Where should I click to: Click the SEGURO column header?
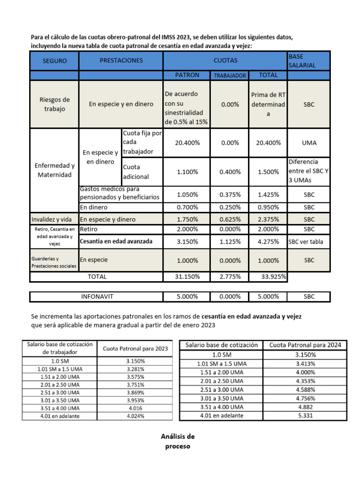click(54, 61)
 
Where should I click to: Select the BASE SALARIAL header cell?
click(308, 60)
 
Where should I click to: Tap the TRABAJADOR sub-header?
click(230, 75)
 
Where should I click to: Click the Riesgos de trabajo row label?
click(54, 104)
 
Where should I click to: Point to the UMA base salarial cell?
click(308, 142)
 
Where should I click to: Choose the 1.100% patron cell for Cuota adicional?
click(187, 172)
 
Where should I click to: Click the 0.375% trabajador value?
click(230, 195)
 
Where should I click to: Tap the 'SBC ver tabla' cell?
click(308, 242)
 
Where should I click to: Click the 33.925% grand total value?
click(274, 277)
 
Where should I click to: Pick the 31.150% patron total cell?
click(187, 277)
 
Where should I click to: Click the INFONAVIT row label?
click(97, 297)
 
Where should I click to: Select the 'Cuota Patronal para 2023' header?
click(135, 348)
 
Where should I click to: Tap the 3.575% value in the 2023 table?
click(135, 377)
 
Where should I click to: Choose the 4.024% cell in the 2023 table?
click(135, 416)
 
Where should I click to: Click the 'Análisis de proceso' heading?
click(178, 441)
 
